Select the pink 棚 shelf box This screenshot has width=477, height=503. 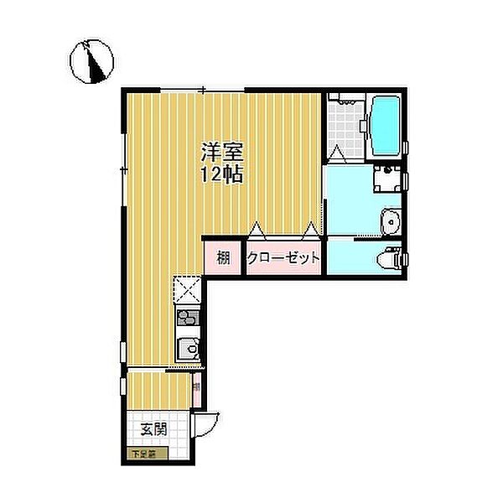point(223,258)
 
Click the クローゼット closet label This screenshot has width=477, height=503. point(283,258)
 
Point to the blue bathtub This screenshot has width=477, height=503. point(385,127)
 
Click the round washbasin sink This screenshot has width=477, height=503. point(388,222)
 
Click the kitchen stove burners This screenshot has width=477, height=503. point(188,319)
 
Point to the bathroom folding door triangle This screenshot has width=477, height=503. point(335,153)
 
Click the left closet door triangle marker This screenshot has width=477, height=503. point(256,227)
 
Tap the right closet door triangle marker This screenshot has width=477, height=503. point(312,227)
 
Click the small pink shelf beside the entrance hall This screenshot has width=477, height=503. point(196,387)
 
